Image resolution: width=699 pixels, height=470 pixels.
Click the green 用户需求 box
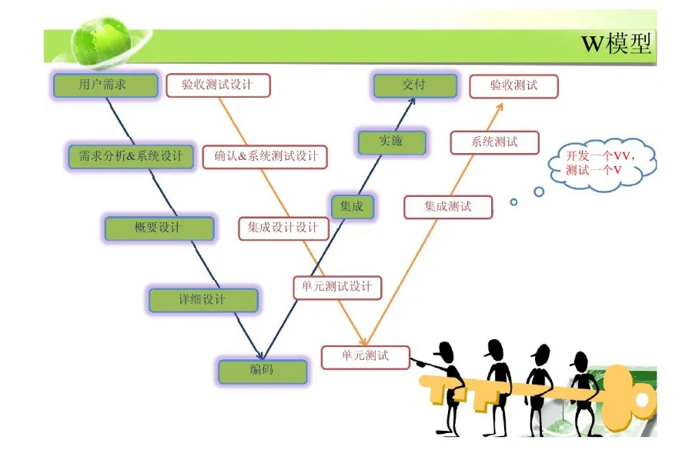[105, 85]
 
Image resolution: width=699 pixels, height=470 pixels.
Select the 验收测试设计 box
[218, 85]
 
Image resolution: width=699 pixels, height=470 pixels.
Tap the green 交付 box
[415, 85]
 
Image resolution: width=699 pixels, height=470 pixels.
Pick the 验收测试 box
[513, 86]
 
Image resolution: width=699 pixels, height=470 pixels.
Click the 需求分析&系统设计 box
[131, 156]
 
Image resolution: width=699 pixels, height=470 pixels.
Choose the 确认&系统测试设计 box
[265, 157]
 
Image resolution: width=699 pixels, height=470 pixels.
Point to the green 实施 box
[392, 142]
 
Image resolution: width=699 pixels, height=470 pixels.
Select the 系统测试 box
[495, 142]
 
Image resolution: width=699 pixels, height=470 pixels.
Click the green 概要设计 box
[159, 228]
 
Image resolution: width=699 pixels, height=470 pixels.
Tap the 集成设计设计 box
[283, 228]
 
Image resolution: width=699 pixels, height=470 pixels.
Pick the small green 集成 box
[352, 207]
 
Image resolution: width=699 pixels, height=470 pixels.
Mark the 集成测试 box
[448, 207]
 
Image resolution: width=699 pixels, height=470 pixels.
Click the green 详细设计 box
[203, 300]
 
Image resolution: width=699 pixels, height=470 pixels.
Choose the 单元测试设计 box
[337, 288]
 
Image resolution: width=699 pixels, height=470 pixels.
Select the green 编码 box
[263, 372]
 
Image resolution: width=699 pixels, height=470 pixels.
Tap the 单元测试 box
[366, 357]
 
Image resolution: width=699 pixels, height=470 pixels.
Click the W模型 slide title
[617, 43]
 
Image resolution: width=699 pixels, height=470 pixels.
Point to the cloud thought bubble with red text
[602, 164]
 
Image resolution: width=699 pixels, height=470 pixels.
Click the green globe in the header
[102, 42]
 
